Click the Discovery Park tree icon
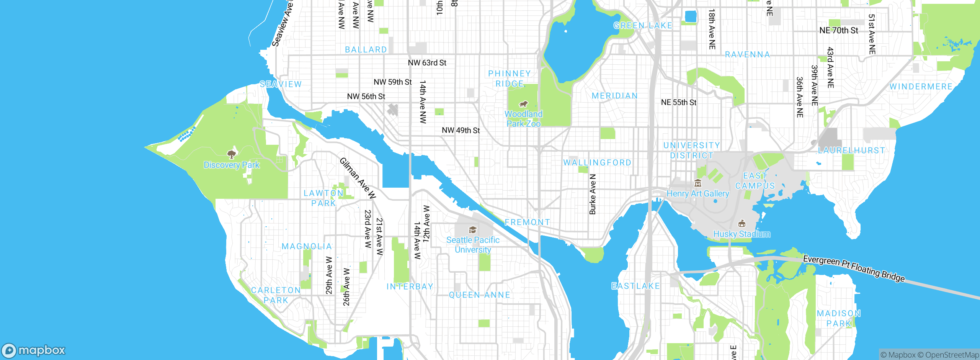[231, 154]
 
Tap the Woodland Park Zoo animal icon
[523, 104]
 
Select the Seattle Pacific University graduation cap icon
[473, 230]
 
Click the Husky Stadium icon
[742, 223]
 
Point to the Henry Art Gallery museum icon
[698, 183]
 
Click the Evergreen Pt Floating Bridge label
[854, 268]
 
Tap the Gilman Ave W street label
[358, 178]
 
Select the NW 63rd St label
[427, 63]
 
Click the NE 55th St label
[679, 103]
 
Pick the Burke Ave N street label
[593, 194]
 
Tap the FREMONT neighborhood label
[527, 223]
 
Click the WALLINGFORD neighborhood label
[597, 163]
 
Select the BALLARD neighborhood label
[366, 50]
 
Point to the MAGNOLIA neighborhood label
[307, 247]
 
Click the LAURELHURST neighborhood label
[851, 151]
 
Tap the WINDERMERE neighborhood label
[921, 87]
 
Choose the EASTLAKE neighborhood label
[636, 286]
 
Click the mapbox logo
[34, 350]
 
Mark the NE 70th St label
[839, 31]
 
